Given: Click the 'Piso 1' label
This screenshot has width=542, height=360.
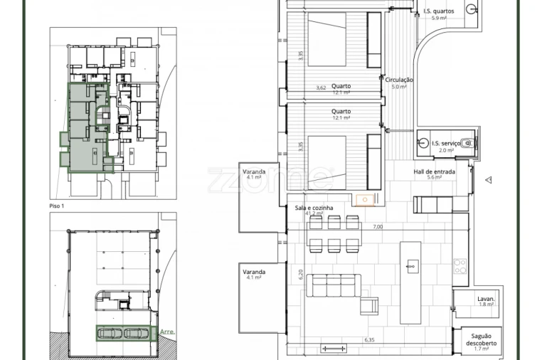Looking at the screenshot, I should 58,206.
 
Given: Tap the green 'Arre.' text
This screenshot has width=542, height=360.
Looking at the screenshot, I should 167,332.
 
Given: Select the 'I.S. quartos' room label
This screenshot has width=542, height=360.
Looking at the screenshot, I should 438,11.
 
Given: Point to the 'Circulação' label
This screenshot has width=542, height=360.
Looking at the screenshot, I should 399,80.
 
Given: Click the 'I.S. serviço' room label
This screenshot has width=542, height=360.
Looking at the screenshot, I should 446,143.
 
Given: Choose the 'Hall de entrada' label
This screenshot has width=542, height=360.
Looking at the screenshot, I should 434,171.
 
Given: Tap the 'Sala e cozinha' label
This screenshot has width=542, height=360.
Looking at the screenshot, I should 314,208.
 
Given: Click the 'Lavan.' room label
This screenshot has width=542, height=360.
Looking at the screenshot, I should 487,299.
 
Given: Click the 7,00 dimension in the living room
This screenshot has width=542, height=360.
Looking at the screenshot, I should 377,227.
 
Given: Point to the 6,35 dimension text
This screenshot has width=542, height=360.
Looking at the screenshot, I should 369,340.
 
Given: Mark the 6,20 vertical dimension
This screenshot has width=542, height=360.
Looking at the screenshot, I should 301,274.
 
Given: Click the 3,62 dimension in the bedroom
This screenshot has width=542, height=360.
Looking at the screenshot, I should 321,88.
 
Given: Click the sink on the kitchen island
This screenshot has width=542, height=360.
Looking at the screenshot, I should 410,266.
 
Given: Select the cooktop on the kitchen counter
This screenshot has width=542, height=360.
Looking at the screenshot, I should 460,266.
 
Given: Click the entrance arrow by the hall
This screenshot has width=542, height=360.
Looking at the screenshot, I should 488,180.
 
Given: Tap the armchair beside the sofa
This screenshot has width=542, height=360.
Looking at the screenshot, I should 369,306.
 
